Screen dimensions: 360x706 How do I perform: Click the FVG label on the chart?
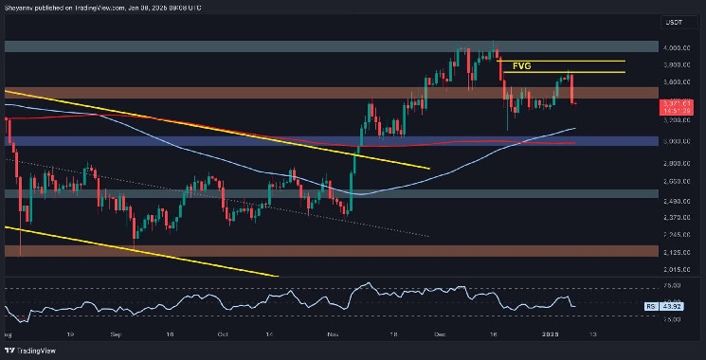pyautogui.click(x=522, y=66)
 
